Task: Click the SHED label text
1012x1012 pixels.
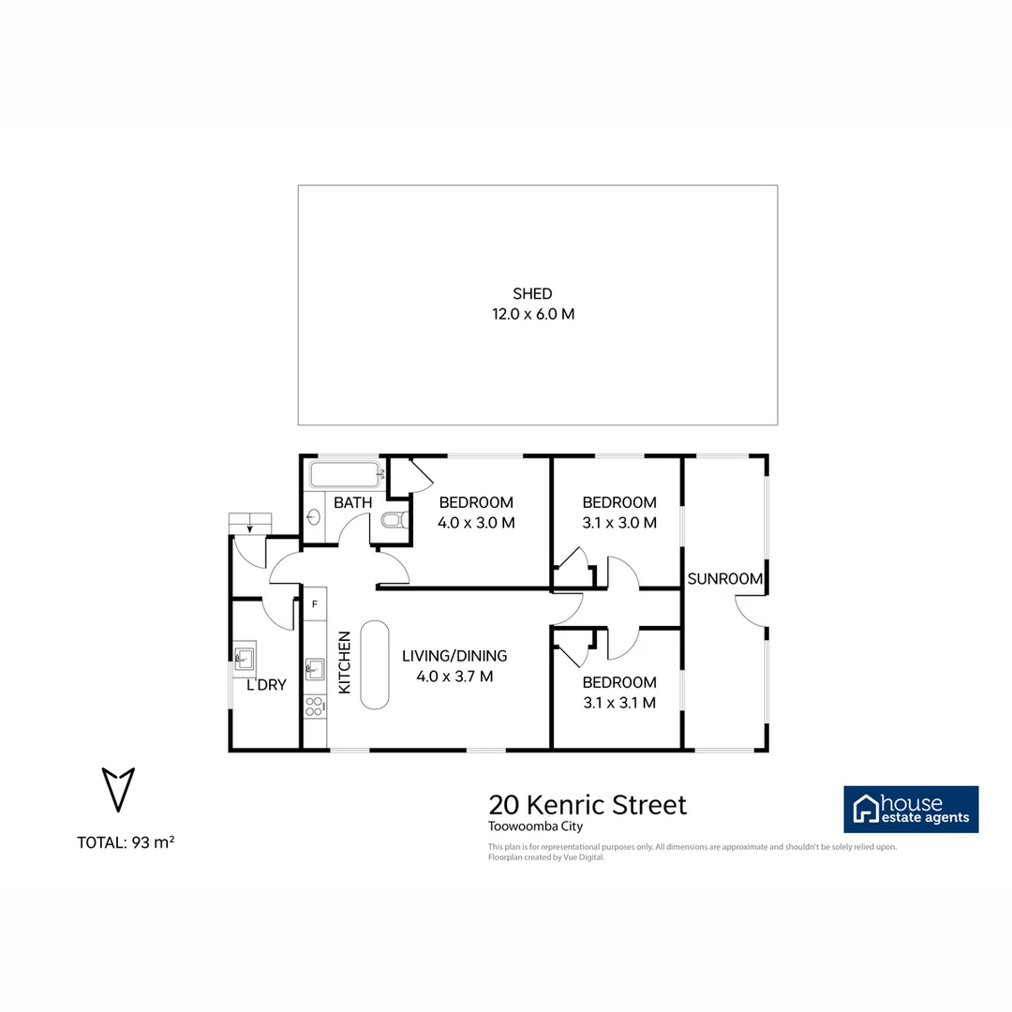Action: coord(532,294)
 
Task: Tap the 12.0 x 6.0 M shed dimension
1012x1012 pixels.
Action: coord(532,315)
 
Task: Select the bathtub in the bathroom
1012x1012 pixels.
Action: coord(345,474)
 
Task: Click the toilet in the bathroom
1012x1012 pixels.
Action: coord(394,521)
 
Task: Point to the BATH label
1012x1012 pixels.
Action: coord(353,503)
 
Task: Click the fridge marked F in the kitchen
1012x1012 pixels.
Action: coord(315,604)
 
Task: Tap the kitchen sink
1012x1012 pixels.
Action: coord(315,668)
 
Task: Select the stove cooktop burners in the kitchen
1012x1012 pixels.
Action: coord(315,707)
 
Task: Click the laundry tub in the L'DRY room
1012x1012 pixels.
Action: coord(245,659)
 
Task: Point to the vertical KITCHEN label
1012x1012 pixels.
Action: coord(344,662)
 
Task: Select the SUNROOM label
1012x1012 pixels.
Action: coord(725,579)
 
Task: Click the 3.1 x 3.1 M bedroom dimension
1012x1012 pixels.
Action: coord(618,702)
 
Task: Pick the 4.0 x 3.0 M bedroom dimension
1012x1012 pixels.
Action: coord(476,523)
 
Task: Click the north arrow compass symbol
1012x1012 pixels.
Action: coord(118,788)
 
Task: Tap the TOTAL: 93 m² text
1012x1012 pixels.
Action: coord(126,842)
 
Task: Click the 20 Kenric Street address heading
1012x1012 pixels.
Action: coord(588,805)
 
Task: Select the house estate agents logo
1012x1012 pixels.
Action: coord(911,810)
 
